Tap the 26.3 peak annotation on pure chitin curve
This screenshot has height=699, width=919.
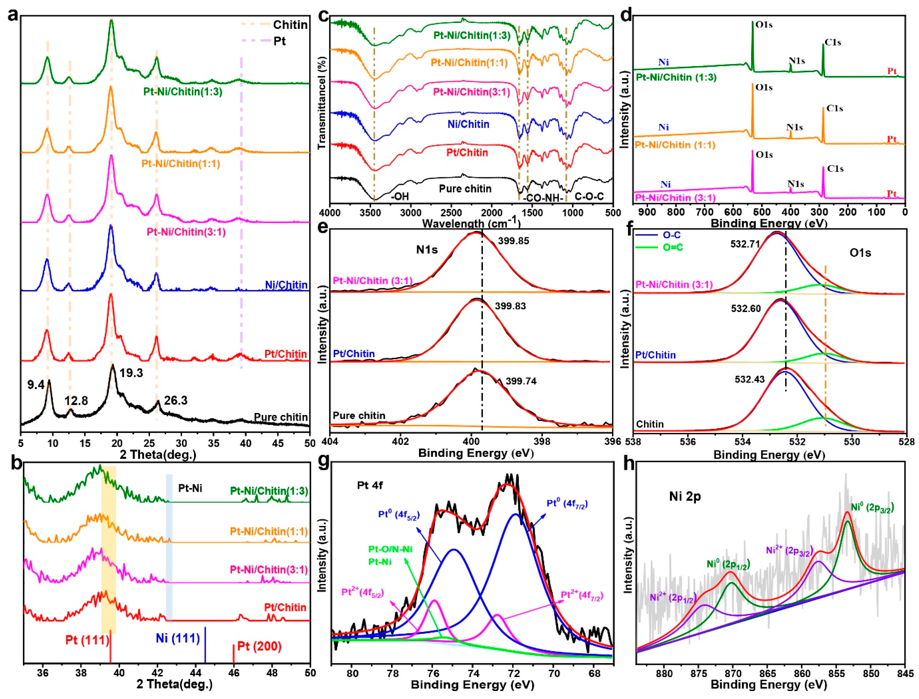coord(176,401)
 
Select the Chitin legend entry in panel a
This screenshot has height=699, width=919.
coord(290,25)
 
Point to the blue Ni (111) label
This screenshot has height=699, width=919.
coord(178,638)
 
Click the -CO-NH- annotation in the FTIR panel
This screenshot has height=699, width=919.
coord(542,198)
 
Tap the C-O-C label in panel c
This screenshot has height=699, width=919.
coord(589,196)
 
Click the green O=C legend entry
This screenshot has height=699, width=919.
coord(673,247)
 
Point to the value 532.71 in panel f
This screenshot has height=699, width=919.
coord(745,244)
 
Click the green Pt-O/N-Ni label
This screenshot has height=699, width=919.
coord(390,549)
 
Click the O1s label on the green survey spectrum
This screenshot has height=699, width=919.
coord(764,25)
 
